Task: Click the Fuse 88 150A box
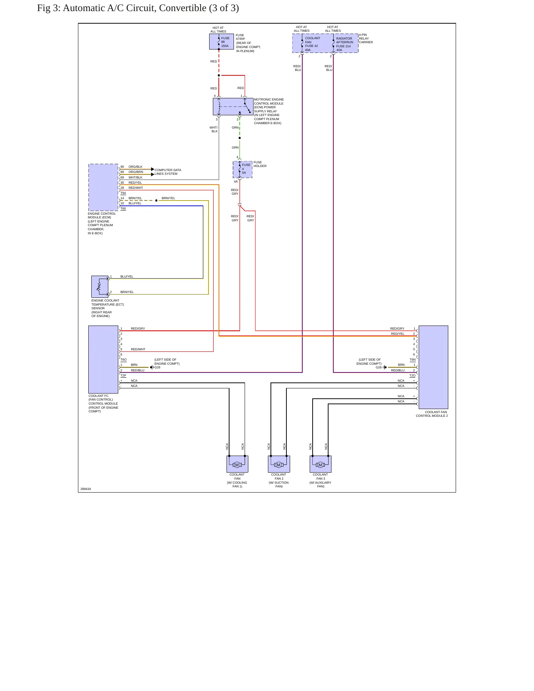point(221,42)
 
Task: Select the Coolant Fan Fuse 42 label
point(312,44)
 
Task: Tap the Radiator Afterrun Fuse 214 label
point(344,44)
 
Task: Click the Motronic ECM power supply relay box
point(233,106)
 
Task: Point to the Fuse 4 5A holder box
point(242,169)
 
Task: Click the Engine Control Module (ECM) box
point(103,187)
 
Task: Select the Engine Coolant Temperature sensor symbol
point(100,286)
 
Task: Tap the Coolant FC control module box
point(103,359)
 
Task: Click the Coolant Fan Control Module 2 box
point(433,367)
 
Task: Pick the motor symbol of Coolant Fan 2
point(279,465)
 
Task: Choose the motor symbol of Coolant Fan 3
point(320,465)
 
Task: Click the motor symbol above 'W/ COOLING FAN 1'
point(237,465)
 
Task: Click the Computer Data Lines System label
point(168,172)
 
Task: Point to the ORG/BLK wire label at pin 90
point(135,167)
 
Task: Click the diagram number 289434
point(86,489)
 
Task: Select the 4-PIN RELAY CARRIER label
point(365,38)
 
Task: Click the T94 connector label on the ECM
point(123,193)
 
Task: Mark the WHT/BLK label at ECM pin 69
point(135,177)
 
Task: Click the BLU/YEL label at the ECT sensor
point(127,276)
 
